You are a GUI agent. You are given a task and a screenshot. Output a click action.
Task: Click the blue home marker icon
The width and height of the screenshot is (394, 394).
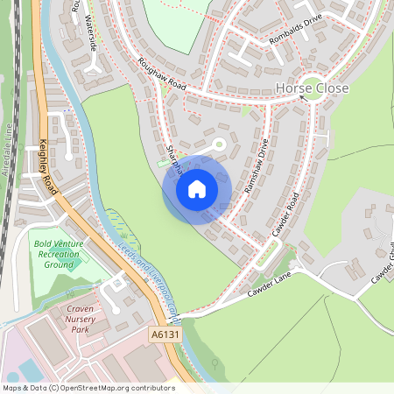(197, 188)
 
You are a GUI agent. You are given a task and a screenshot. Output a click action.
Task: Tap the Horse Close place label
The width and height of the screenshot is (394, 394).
(312, 88)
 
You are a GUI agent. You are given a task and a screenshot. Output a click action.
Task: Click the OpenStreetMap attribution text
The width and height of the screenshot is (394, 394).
(88, 387)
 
